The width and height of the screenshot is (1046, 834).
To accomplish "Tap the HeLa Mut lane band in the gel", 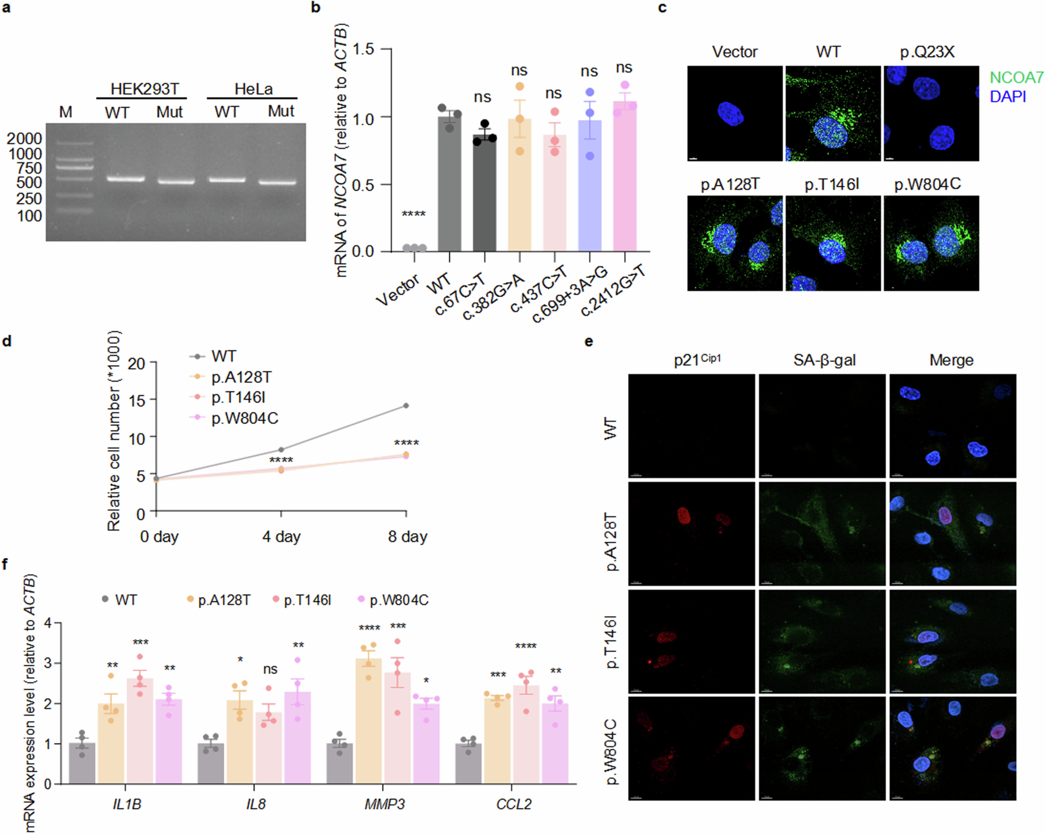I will (277, 183).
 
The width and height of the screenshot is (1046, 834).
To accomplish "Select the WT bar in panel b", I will (449, 184).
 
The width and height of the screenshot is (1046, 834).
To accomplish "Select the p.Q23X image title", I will (927, 52).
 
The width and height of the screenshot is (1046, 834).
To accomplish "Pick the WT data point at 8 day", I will (406, 405).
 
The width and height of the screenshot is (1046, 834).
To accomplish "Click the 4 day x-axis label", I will (281, 537).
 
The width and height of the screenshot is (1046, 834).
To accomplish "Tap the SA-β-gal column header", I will (824, 360).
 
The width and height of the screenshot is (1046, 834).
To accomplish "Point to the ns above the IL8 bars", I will (270, 669).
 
